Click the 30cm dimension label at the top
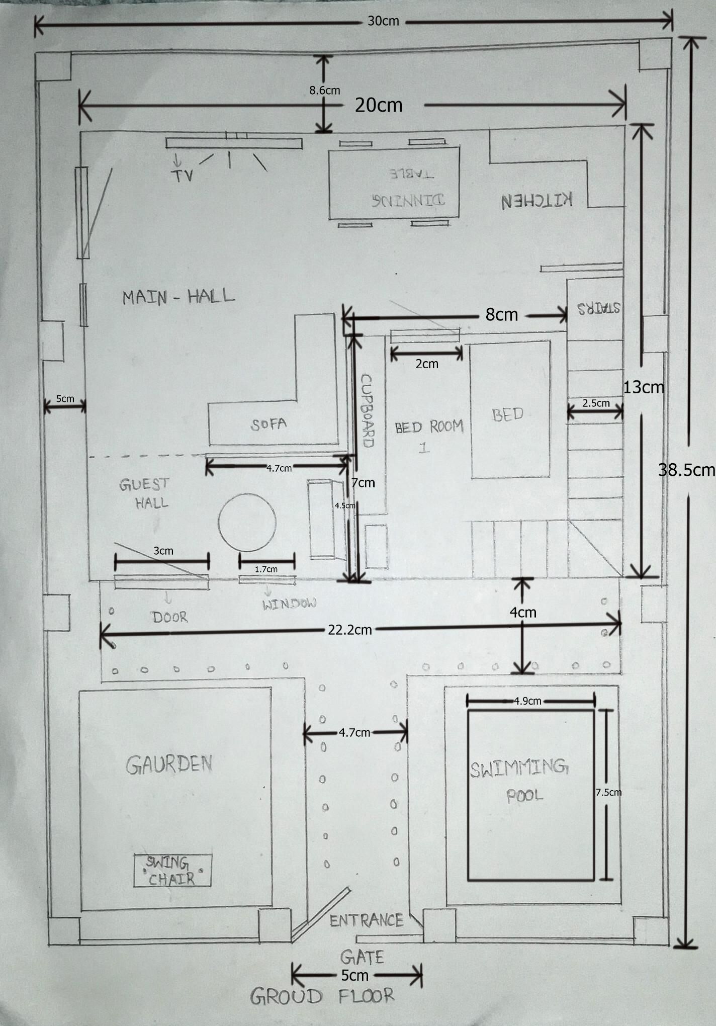(x=383, y=21)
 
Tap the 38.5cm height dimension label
(x=686, y=470)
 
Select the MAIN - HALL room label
(x=178, y=296)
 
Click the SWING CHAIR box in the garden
(x=172, y=871)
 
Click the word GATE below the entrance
(x=362, y=956)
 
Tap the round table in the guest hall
(x=247, y=522)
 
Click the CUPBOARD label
(x=368, y=410)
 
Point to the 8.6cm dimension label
(x=324, y=91)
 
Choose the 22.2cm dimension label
(x=350, y=630)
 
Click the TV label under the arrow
(x=182, y=176)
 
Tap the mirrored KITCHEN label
(x=537, y=200)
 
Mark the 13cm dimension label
(x=644, y=387)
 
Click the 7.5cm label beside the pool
(x=608, y=792)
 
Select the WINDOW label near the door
(x=290, y=604)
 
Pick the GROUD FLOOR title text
(x=322, y=996)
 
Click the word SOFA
(x=269, y=424)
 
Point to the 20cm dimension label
(x=379, y=105)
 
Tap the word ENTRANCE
(x=367, y=920)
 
